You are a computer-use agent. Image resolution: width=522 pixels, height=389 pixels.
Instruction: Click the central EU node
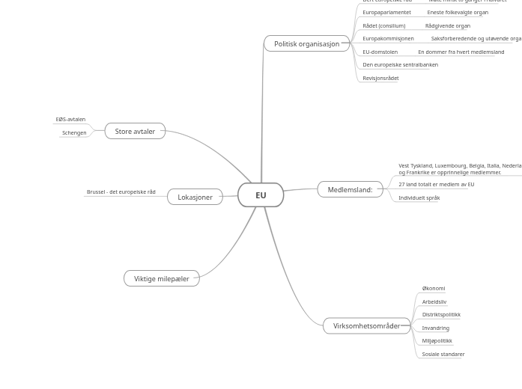261,195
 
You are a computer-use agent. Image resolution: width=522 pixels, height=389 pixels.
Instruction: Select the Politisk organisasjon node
306,44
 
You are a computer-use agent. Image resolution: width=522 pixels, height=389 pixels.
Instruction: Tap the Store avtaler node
135,132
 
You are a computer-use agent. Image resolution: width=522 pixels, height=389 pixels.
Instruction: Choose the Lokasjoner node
195,197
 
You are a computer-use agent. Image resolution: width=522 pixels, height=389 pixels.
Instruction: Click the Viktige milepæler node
161,279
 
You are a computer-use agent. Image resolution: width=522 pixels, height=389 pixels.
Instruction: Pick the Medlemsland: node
350,190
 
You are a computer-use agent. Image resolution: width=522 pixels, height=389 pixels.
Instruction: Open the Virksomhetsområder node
366,326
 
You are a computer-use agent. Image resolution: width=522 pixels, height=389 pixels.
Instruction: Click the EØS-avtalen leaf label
70,120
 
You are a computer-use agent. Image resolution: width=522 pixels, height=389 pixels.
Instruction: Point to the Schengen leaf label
74,133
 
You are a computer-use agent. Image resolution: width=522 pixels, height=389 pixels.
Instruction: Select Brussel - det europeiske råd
121,192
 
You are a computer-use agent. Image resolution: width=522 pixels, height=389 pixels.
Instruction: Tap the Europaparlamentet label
386,13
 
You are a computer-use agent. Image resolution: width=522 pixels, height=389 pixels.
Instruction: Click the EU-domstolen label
380,52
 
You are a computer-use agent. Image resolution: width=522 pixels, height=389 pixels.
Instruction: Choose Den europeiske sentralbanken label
400,65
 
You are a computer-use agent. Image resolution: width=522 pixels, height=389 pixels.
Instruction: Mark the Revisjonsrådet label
380,79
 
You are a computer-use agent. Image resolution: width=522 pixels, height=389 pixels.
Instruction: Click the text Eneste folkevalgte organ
457,13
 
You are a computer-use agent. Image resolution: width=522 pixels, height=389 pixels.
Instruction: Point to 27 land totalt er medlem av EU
436,185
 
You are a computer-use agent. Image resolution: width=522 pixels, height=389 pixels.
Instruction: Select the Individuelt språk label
419,198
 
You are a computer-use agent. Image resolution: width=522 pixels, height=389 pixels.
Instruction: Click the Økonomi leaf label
433,289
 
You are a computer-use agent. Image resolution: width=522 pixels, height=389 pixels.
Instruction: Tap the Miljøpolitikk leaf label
437,341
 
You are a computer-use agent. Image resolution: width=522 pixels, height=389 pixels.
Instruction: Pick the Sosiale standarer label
443,355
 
